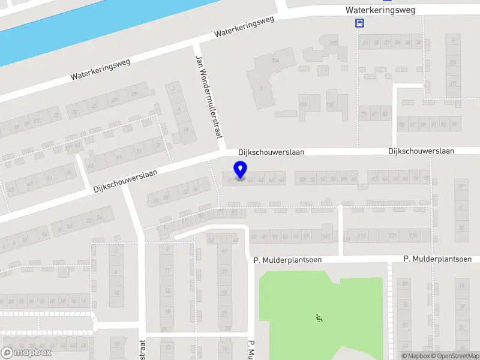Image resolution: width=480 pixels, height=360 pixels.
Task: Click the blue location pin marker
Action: pyautogui.click(x=241, y=170)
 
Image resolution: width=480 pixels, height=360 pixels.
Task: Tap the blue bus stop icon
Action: pyautogui.click(x=359, y=23)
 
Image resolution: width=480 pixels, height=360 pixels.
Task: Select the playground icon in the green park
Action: pyautogui.click(x=318, y=317)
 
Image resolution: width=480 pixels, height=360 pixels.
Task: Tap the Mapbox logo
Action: pyautogui.click(x=26, y=353)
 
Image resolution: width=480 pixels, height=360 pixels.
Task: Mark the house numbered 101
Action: pyautogui.click(x=326, y=236)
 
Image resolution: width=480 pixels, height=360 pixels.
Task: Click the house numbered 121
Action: pyautogui.click(x=392, y=236)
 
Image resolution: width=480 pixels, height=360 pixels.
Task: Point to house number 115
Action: pyautogui.click(x=362, y=236)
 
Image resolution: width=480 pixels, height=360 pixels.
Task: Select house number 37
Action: pyautogui.click(x=224, y=272)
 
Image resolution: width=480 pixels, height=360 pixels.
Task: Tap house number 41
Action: pyautogui.click(x=224, y=251)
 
